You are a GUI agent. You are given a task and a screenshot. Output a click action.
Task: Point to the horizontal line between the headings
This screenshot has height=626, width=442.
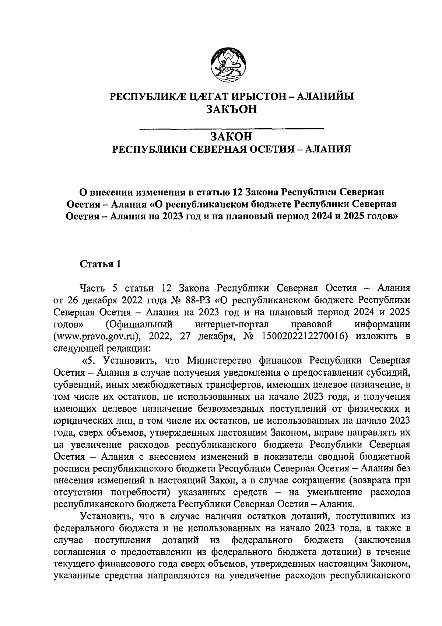point(231,128)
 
